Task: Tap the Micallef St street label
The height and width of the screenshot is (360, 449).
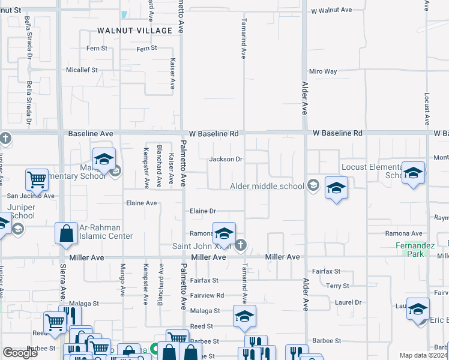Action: [x=82, y=70]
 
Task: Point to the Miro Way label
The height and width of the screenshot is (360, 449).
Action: [x=322, y=71]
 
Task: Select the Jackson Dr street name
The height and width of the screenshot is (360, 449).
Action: [x=225, y=160]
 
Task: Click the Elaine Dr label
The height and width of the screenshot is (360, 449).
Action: [x=202, y=211]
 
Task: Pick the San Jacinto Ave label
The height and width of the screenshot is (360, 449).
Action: [x=30, y=196]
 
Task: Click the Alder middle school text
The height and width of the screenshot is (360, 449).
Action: [x=267, y=186]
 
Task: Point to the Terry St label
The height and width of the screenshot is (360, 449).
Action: [x=338, y=287]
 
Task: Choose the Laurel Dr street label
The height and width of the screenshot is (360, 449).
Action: [x=348, y=302]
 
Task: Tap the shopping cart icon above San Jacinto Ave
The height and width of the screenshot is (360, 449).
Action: [x=37, y=178]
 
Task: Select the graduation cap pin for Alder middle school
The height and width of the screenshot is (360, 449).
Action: [x=336, y=187]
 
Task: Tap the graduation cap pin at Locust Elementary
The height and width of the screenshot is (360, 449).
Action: [x=413, y=174]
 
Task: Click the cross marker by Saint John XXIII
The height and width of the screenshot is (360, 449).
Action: [x=240, y=244]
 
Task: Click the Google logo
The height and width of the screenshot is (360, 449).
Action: [x=20, y=353]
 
